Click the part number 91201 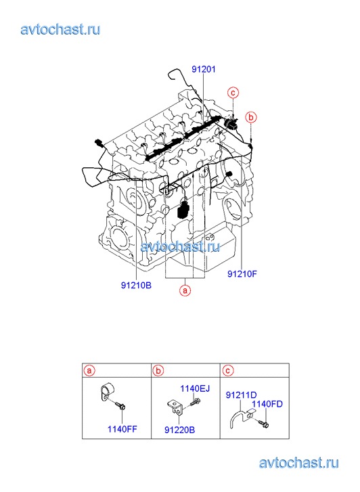(x=204, y=69)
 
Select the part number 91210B (x=136, y=286)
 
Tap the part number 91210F (x=242, y=274)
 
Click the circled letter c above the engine (x=233, y=93)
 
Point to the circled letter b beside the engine (x=251, y=117)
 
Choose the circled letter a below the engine (x=185, y=290)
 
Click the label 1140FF (x=122, y=429)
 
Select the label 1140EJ (x=195, y=388)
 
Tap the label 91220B (x=180, y=430)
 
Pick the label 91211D (x=242, y=395)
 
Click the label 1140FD (x=267, y=404)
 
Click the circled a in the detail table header (x=89, y=371)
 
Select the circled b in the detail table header (x=158, y=371)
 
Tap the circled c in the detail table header (x=228, y=371)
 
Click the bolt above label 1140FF (x=120, y=405)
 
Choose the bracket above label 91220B (x=175, y=407)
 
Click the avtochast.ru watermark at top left (x=61, y=30)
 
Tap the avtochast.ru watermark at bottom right (x=299, y=463)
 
